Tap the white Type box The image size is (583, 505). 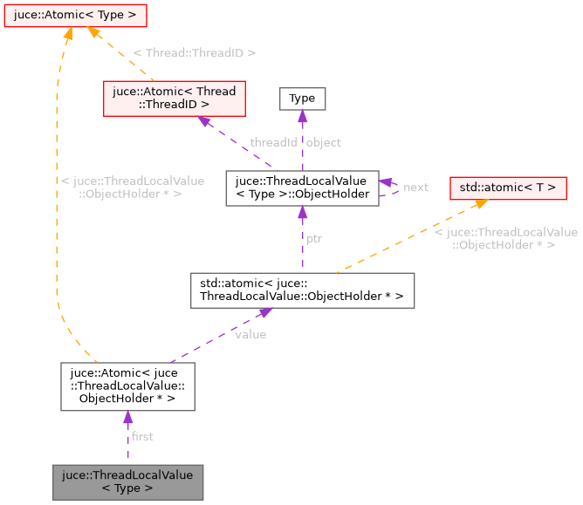tap(302, 99)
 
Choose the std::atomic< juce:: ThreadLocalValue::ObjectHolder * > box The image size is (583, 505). tap(302, 290)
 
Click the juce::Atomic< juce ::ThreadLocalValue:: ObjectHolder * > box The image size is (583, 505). tap(127, 386)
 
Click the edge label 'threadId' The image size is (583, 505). tap(273, 142)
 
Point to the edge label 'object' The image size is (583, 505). tap(324, 142)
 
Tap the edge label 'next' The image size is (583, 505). tap(415, 188)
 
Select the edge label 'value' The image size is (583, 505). tap(250, 334)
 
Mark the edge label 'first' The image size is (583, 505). tap(142, 436)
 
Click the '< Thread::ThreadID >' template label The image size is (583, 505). tap(194, 53)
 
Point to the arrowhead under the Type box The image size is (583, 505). tap(302, 117)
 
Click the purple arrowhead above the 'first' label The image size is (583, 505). tap(128, 418)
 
